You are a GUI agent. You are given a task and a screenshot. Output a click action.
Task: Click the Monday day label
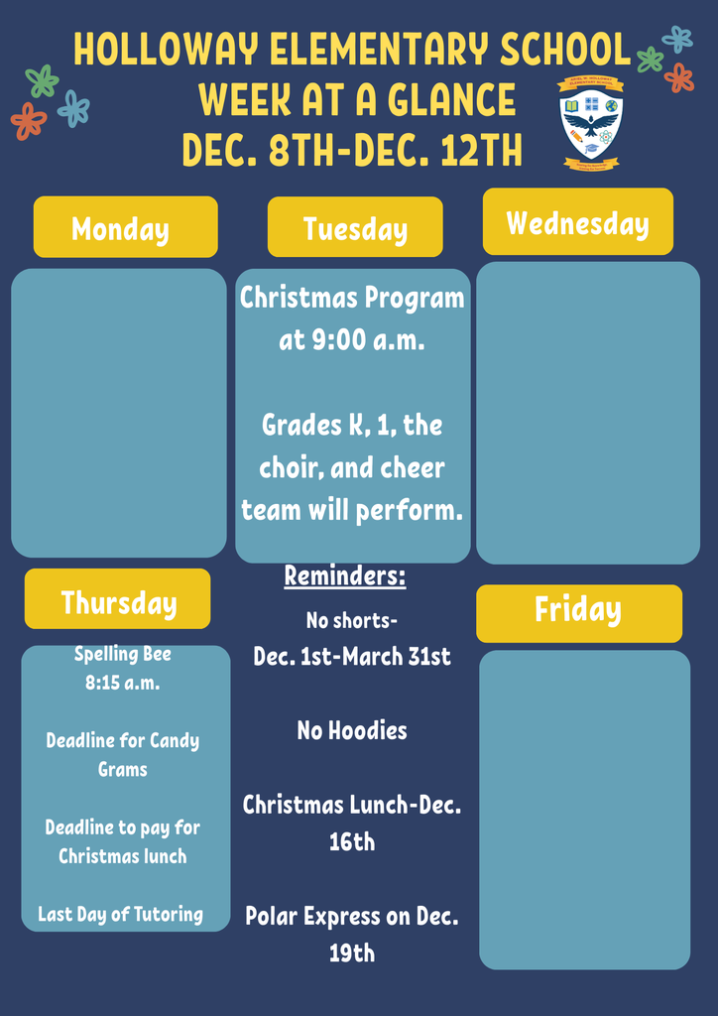pos(125,227)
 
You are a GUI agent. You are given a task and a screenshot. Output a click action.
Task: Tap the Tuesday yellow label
pos(355,227)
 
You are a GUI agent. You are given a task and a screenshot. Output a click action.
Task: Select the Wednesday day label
pos(577,221)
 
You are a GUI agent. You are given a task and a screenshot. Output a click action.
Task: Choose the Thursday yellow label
pos(118,600)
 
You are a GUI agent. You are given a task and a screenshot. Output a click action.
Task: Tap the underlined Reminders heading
pos(345,575)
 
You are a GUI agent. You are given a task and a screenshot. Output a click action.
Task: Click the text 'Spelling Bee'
pos(123,654)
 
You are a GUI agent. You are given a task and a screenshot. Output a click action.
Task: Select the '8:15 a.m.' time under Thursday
pos(123,683)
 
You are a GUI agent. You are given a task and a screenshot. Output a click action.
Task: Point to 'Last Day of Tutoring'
pos(120,915)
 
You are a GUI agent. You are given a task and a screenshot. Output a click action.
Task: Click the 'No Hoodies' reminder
pos(352,731)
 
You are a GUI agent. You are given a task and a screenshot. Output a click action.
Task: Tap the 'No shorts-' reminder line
pos(352,621)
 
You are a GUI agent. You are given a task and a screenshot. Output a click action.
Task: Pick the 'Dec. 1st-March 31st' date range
pos(352,657)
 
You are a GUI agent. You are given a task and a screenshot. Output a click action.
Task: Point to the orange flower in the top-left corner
pos(29,121)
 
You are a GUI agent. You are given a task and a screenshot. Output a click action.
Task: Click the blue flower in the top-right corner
pos(677,40)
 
